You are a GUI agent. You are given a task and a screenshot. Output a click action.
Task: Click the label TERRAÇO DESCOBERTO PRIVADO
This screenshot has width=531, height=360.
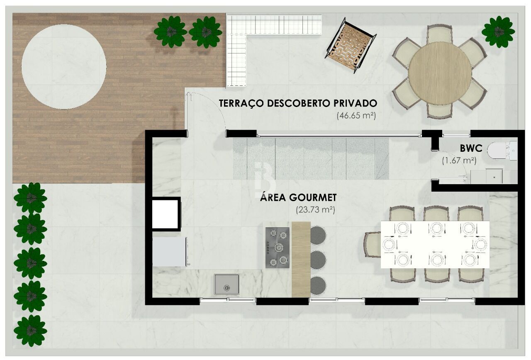click(297, 103)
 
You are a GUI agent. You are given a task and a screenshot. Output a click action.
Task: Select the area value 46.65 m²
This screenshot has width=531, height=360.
click(356, 116)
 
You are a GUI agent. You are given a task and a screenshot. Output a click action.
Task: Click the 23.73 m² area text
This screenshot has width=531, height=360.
click(315, 210)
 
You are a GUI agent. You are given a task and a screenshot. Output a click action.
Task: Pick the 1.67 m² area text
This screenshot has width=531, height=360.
click(459, 160)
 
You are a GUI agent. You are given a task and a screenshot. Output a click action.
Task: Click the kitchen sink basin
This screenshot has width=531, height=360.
click(227, 285)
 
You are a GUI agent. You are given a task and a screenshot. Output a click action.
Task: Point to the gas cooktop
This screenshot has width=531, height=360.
click(278, 248)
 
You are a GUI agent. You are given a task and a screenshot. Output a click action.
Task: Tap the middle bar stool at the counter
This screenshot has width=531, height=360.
click(318, 260)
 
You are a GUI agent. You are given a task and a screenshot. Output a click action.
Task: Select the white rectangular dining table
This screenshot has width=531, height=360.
click(435, 245)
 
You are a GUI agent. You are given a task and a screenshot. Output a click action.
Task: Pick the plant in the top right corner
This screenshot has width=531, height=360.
click(498, 32)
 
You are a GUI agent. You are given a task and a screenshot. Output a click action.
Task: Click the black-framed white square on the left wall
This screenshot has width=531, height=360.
click(166, 214)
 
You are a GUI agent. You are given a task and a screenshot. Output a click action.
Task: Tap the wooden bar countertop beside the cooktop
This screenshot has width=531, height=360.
click(301, 259)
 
